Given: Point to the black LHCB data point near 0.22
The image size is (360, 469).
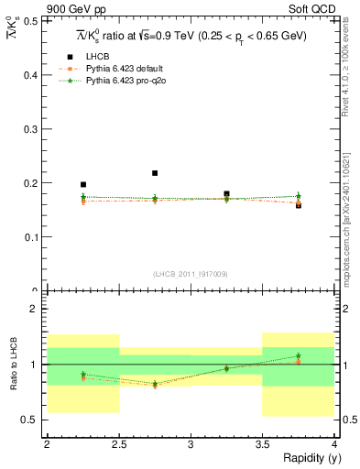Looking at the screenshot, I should pos(155,173).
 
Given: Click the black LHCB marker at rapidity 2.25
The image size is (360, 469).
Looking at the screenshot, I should pos(83,184).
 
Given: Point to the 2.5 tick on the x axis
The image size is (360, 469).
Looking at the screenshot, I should pos(118,444).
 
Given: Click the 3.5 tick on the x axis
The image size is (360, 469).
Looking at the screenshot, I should pos(263,444).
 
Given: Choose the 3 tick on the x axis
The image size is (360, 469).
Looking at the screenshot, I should pos(191,444).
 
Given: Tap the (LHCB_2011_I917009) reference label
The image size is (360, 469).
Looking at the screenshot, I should pos(191,274).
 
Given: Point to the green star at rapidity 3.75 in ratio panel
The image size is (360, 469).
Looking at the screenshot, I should pos(299,355).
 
